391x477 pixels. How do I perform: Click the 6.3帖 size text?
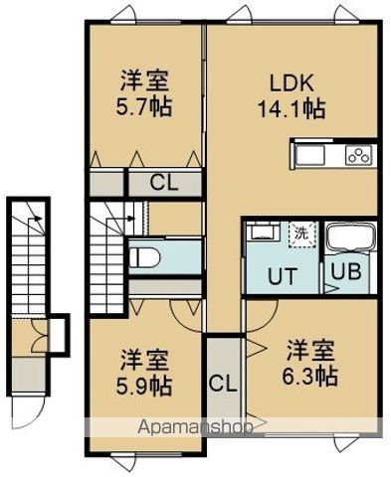click(311, 376)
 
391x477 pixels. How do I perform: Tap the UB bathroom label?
click(350, 270)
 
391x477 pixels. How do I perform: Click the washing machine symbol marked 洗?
click(298, 235)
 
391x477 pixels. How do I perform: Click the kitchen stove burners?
click(358, 154)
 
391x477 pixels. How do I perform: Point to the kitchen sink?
click(310, 154)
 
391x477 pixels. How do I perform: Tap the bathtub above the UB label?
click(351, 238)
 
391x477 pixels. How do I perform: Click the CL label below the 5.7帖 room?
click(165, 182)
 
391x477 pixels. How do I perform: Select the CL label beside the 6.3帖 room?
click(223, 383)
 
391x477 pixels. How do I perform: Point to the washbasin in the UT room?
click(264, 233)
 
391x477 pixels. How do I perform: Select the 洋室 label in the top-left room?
click(146, 79)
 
